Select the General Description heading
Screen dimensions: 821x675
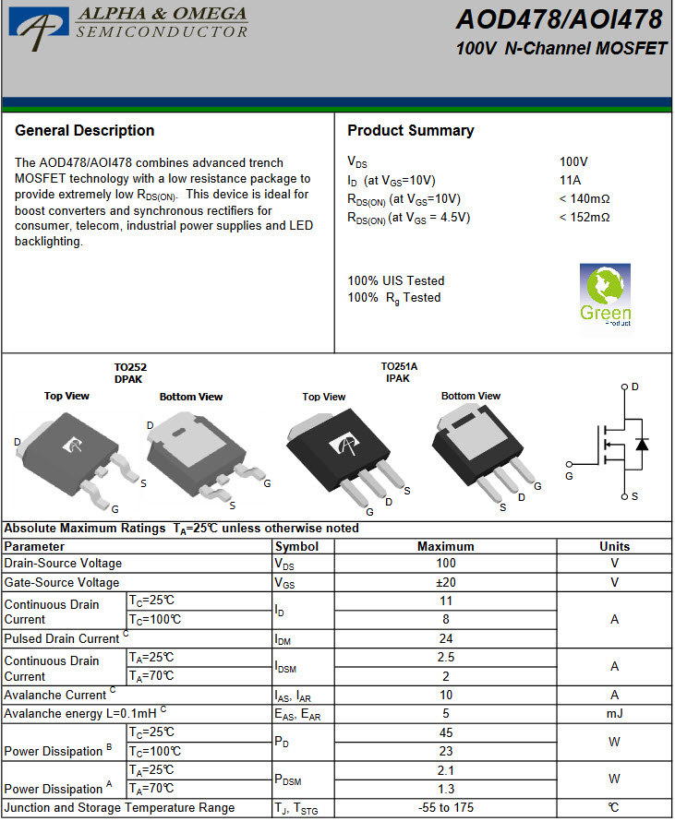[x=85, y=131]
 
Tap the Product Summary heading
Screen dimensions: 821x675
[x=410, y=131]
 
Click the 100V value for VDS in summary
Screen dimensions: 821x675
[x=573, y=161]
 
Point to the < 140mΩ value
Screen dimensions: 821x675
[x=585, y=198]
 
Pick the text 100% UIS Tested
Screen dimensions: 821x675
[x=395, y=280]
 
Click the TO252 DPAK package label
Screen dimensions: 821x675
[x=130, y=373]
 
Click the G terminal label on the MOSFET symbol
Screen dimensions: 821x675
[x=569, y=476]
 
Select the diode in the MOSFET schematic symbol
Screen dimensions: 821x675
[x=642, y=444]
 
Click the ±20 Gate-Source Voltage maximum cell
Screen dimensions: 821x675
[x=445, y=582]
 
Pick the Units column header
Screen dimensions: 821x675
[x=614, y=546]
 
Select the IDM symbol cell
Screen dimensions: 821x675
[x=283, y=638]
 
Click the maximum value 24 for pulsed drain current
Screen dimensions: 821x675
[x=445, y=638]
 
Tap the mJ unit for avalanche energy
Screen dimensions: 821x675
[x=614, y=713]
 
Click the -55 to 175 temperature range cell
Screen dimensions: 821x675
[x=445, y=807]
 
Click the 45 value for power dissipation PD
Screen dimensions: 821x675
[x=445, y=732]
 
